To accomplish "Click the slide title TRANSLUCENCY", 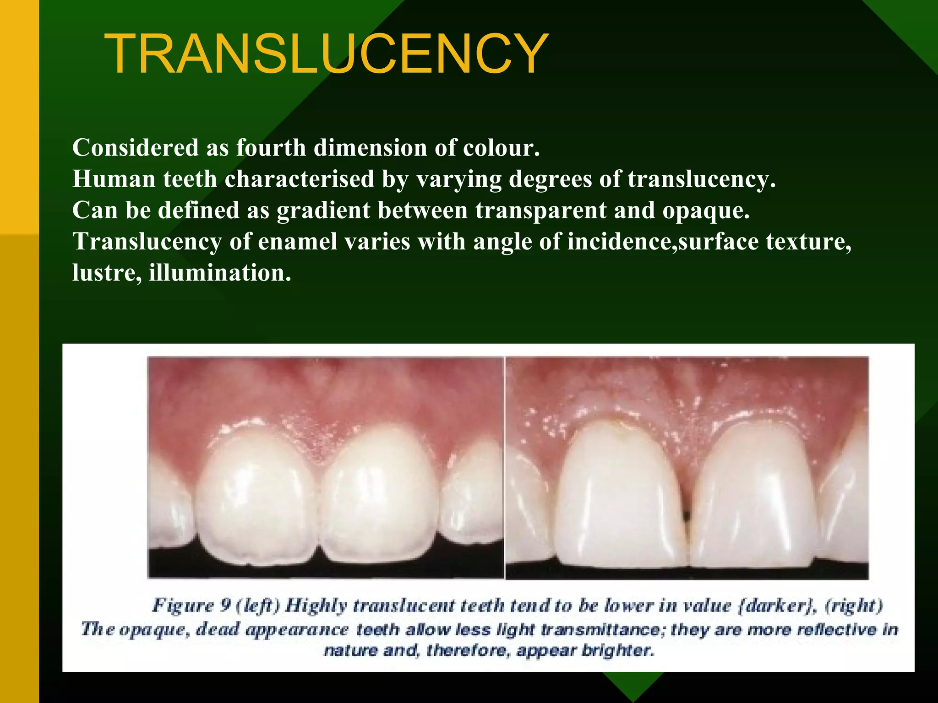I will coord(326,54).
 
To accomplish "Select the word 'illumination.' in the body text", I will coord(220,273).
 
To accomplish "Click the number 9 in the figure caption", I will coord(225,606).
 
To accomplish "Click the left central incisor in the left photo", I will coord(256,499).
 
